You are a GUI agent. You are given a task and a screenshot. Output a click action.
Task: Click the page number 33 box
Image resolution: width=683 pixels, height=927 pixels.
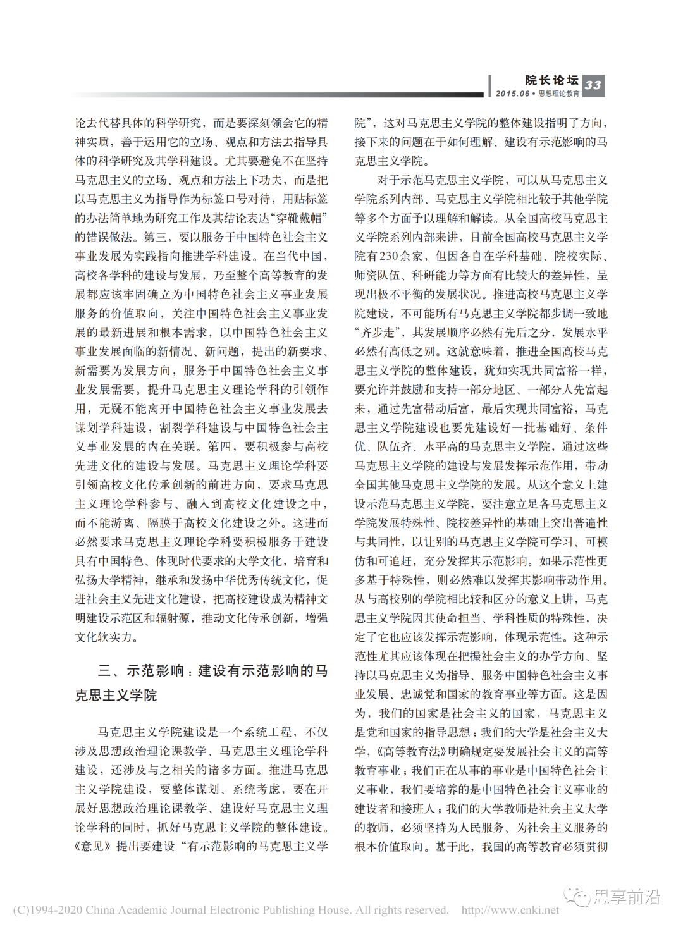(593, 85)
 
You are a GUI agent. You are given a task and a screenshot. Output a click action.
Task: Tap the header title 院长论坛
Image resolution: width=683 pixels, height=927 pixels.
(551, 80)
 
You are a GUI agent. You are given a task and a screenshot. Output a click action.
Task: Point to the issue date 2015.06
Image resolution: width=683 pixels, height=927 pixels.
(512, 94)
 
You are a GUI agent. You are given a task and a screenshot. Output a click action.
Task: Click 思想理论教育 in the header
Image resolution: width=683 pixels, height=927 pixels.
(558, 94)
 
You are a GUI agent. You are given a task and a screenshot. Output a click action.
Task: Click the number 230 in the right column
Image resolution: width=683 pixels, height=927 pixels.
(389, 256)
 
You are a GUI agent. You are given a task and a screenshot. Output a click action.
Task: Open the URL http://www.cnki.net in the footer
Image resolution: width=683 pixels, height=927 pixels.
(510, 910)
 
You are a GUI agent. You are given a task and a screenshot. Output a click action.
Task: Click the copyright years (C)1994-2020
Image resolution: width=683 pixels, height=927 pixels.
(48, 910)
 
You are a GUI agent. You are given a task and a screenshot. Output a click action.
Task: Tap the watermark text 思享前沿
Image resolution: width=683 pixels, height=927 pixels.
(626, 897)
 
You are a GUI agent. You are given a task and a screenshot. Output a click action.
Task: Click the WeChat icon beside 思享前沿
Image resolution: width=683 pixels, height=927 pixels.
(577, 897)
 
